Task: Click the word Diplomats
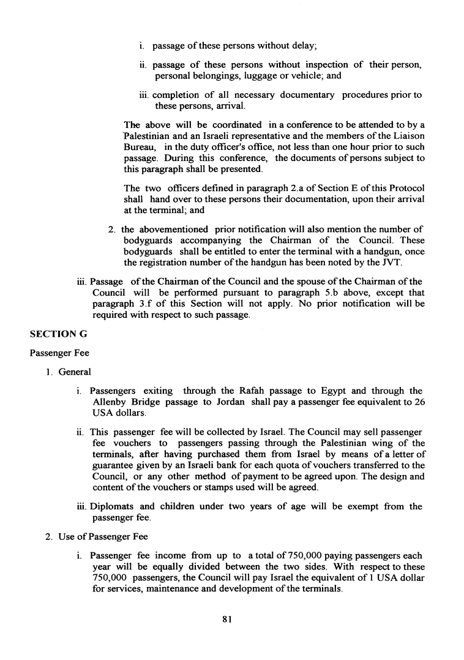[x=111, y=506]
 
